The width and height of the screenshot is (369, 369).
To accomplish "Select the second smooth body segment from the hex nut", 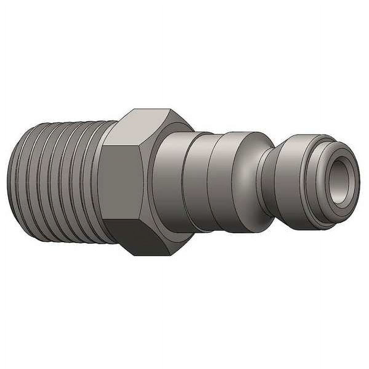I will pos(197,181).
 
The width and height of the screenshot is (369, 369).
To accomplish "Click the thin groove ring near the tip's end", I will pos(307,181).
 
